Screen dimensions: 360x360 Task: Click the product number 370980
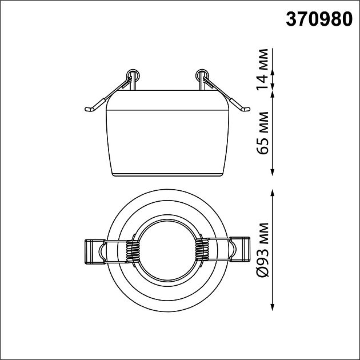(x=319, y=19)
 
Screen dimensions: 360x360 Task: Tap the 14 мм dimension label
(x=262, y=69)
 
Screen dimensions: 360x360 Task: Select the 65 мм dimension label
(x=262, y=133)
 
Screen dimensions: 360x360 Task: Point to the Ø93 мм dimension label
(x=262, y=250)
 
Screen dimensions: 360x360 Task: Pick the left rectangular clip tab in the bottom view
(x=95, y=251)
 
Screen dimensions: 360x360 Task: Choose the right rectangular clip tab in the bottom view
(x=239, y=249)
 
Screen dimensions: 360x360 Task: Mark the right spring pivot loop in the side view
(x=202, y=75)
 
